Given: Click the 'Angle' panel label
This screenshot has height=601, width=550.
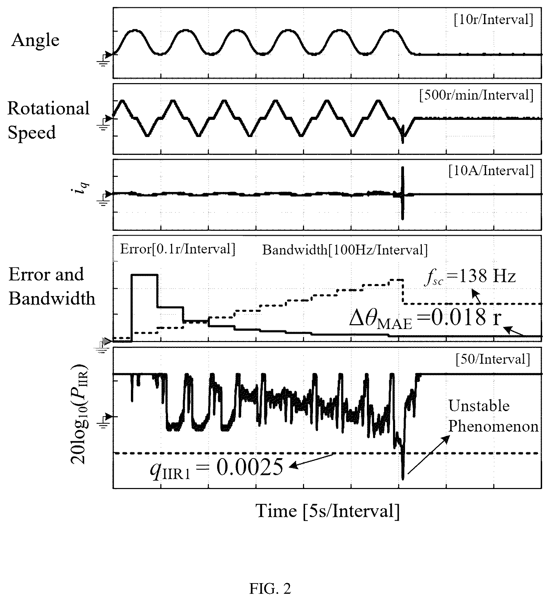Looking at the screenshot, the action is coord(35,41).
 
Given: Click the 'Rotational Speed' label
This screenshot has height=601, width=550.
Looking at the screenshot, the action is coord(48,120).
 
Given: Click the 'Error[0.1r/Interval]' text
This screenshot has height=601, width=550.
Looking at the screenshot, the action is coord(178,249).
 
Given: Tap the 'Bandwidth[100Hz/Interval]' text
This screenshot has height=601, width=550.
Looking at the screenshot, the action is coord(345,250).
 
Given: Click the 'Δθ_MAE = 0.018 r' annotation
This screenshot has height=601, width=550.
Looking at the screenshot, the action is coord(425,319).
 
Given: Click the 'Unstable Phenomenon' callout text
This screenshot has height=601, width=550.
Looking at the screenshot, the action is coord(493,416).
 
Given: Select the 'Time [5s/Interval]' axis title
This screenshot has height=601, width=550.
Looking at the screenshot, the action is coord(328,511).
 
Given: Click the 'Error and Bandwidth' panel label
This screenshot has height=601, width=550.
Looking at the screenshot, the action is coord(52,286).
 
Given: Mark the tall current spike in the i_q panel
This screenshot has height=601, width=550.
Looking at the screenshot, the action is coord(403,193).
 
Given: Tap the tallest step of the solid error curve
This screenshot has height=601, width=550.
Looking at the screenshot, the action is coord(145,275).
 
